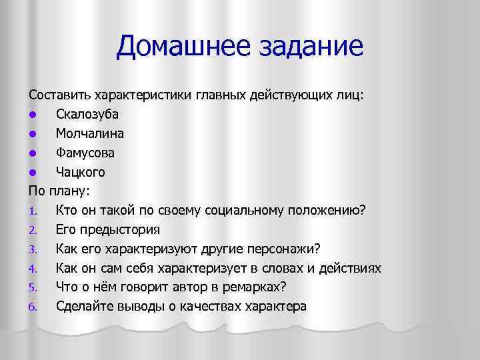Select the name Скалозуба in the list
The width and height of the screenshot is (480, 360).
(87, 114)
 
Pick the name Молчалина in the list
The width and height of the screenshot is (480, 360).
(89, 133)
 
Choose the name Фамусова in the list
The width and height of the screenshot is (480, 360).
(85, 153)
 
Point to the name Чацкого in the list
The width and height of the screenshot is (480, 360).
(81, 172)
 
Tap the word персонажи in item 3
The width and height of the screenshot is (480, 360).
(281, 249)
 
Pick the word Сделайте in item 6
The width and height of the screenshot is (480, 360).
(84, 307)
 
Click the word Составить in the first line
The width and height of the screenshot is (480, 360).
(60, 95)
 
